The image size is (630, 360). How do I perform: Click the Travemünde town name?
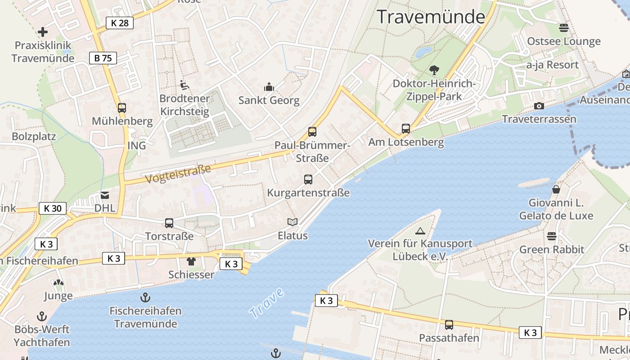point(431,17)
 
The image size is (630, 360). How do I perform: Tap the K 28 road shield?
point(120,23)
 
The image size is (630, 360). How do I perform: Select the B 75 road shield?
point(103,58)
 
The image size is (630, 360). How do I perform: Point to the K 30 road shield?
point(53,208)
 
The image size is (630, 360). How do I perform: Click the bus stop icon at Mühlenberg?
point(122,108)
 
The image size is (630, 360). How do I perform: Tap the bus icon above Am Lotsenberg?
point(406,129)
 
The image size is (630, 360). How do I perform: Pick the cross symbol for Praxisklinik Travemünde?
point(43,32)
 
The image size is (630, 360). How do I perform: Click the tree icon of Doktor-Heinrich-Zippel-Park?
point(434,70)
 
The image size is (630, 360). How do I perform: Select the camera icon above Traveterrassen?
point(539,106)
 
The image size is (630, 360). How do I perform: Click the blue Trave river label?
point(267,303)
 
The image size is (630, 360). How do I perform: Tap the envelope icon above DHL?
point(105,195)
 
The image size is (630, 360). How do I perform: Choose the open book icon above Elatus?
point(292,222)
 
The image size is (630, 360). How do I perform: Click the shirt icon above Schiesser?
point(191,261)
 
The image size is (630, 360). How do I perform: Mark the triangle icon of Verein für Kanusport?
point(420,231)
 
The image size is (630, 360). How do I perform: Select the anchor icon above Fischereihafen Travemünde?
point(145,297)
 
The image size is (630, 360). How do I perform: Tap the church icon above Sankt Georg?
point(269,87)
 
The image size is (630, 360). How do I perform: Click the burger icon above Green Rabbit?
point(552,236)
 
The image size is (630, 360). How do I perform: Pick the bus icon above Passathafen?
point(449,324)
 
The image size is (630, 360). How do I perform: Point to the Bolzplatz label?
point(34,136)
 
